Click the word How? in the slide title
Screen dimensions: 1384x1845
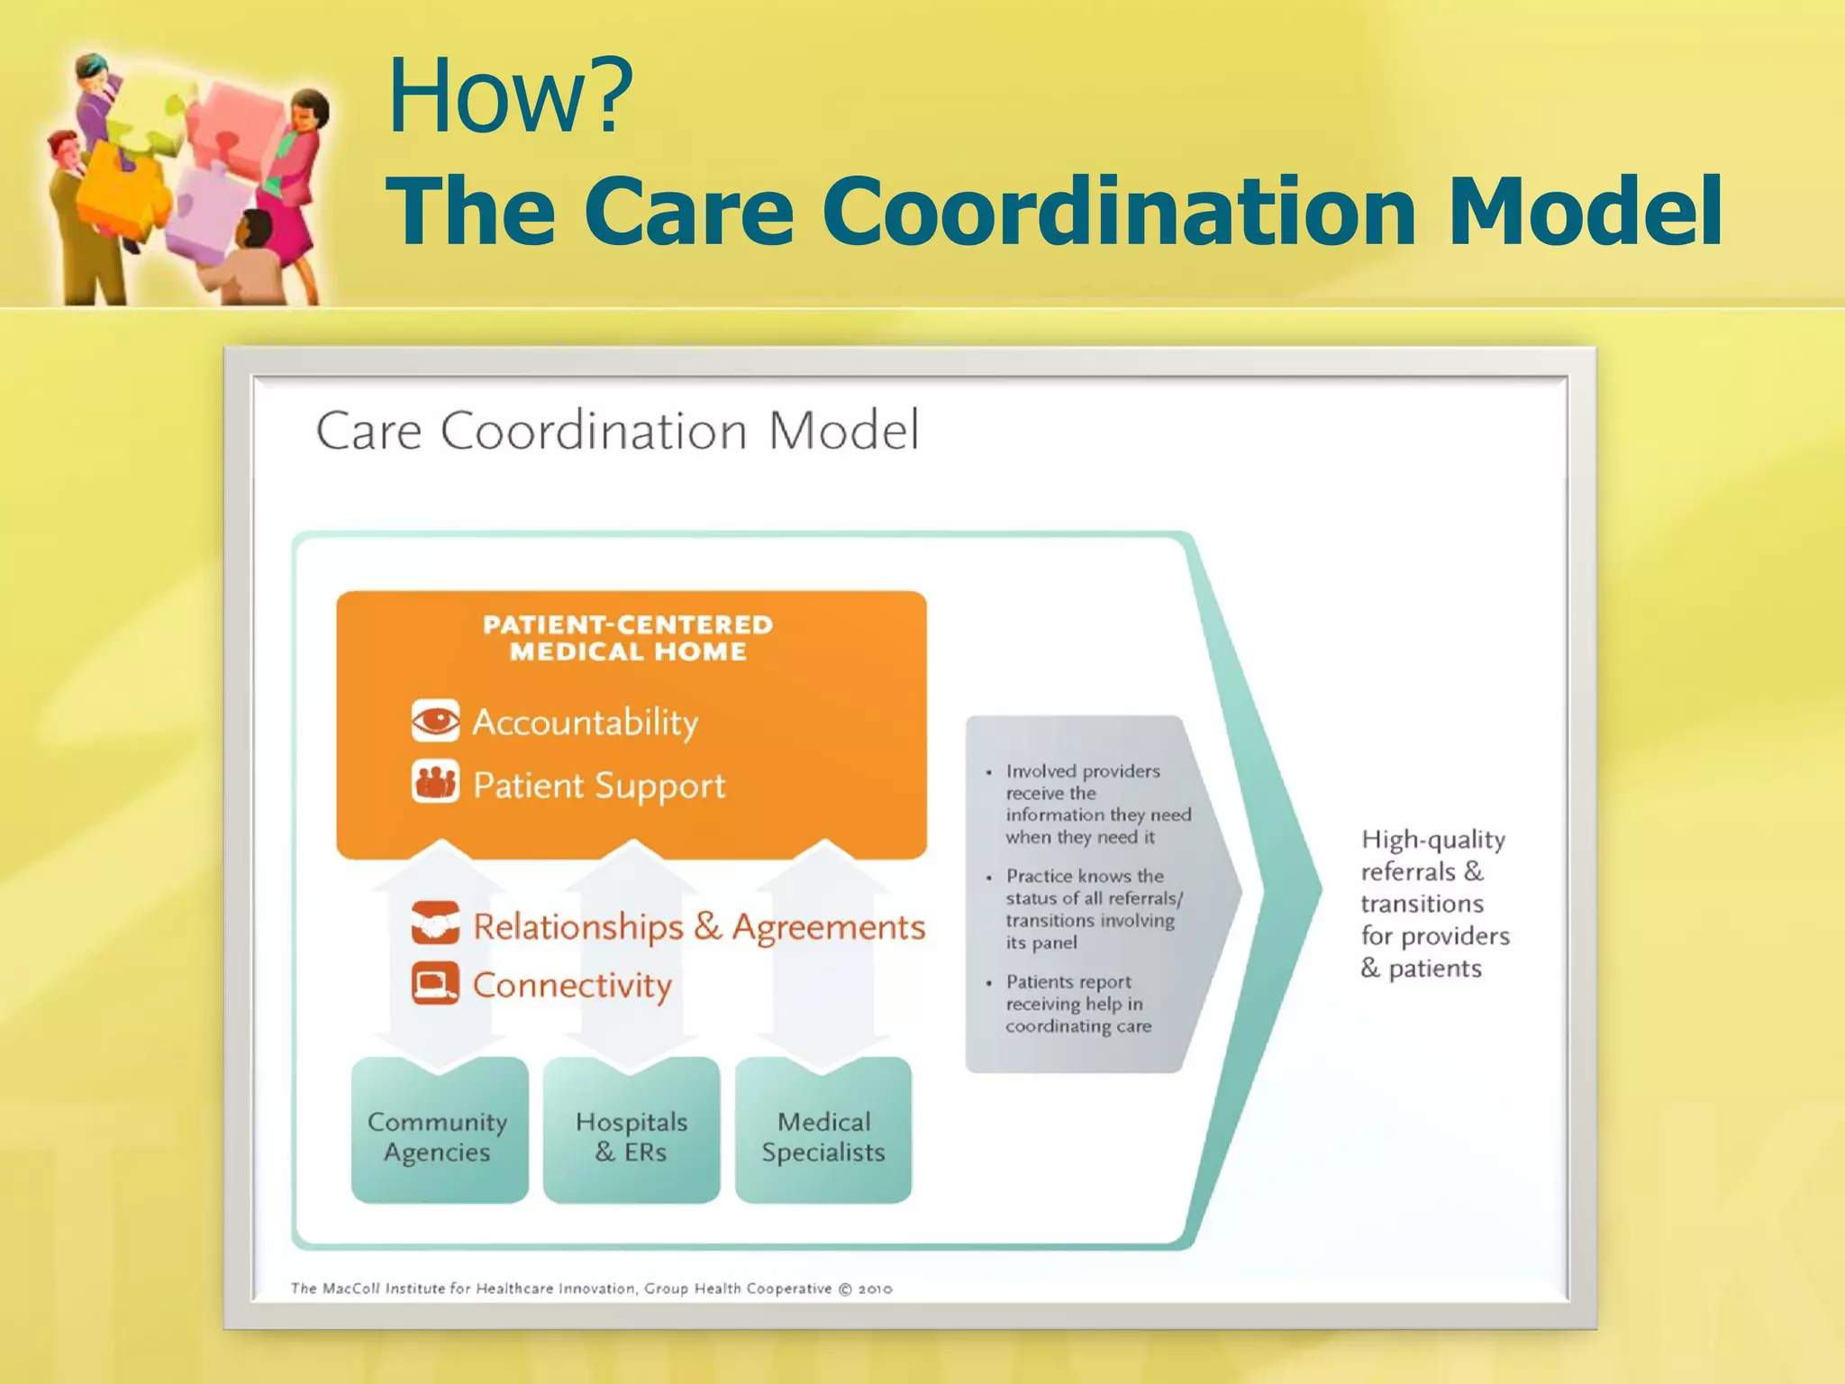point(510,96)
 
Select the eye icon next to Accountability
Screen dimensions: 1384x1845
point(435,721)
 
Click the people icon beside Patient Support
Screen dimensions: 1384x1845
point(435,782)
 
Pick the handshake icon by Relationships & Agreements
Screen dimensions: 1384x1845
point(435,923)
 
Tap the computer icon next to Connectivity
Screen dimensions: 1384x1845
point(435,983)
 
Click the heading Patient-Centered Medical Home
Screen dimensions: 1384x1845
point(629,638)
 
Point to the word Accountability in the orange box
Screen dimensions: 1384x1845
point(586,723)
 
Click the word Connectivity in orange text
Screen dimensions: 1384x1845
point(572,986)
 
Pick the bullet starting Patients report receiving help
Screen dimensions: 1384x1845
point(1077,1004)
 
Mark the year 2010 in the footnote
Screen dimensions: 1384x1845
point(875,1289)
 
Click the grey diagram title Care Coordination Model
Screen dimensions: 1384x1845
point(617,431)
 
